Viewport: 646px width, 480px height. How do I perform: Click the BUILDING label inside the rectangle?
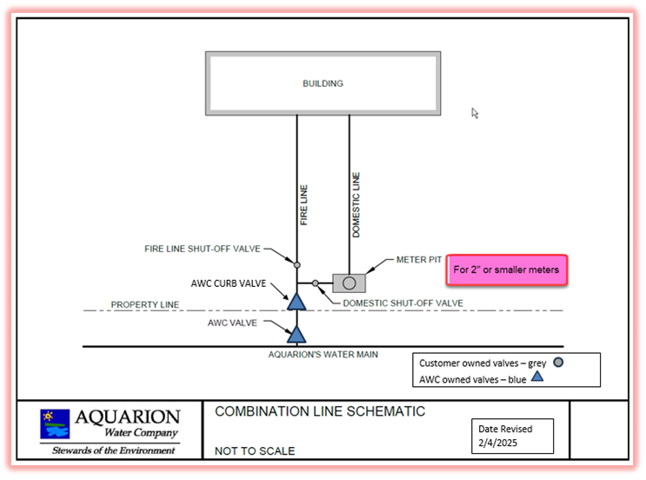(x=323, y=83)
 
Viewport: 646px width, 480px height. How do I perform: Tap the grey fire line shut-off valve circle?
(x=296, y=265)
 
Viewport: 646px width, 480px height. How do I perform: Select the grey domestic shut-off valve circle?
(x=315, y=283)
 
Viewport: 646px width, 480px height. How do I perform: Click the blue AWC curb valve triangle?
(x=296, y=302)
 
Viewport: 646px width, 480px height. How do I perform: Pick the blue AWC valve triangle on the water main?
(x=296, y=335)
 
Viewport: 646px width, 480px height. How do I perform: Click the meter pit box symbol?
(x=349, y=283)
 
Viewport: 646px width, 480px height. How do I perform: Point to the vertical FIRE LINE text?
(x=303, y=204)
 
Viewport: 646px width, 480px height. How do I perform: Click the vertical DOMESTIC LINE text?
(x=356, y=204)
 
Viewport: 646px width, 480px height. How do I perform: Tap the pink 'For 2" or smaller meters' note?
(x=507, y=270)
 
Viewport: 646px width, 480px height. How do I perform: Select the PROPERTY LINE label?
(x=145, y=304)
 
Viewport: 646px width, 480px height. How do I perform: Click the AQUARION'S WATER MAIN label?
(x=323, y=354)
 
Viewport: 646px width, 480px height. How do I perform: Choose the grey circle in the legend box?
(x=558, y=362)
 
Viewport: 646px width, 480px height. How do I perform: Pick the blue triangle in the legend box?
(x=536, y=377)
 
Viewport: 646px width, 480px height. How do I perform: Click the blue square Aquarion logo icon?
(x=55, y=424)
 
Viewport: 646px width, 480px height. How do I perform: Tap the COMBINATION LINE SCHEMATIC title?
(x=320, y=411)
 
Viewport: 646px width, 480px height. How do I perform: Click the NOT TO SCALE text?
(x=255, y=451)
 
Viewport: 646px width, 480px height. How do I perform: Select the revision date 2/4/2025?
(x=497, y=443)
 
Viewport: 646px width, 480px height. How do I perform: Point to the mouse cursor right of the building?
(x=475, y=113)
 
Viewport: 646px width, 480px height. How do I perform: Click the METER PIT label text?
(x=418, y=260)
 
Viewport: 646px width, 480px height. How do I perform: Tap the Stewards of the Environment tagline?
(x=113, y=450)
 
